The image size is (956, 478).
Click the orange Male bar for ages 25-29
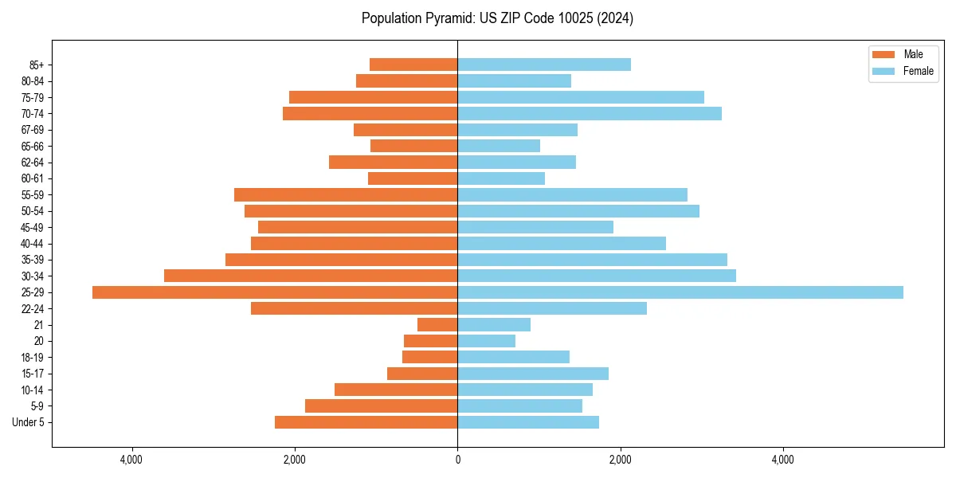pos(275,292)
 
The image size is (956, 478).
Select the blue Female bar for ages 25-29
pos(680,292)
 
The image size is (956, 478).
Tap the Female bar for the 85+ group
pos(544,65)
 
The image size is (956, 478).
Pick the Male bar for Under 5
pos(366,422)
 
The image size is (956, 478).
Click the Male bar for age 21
pos(437,325)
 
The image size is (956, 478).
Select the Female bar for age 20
pos(487,341)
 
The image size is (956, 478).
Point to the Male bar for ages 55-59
pos(346,195)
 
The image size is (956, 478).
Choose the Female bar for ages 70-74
pos(590,114)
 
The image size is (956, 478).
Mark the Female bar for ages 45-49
pos(535,227)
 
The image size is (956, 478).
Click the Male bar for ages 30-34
pos(311,276)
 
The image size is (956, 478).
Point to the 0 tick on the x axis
pos(457,460)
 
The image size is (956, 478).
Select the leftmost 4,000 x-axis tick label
pos(131,460)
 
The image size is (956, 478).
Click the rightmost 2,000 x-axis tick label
pos(620,460)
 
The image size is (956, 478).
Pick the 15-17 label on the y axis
pos(33,374)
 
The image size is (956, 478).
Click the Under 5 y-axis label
pos(28,422)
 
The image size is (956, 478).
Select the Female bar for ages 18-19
pos(514,357)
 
